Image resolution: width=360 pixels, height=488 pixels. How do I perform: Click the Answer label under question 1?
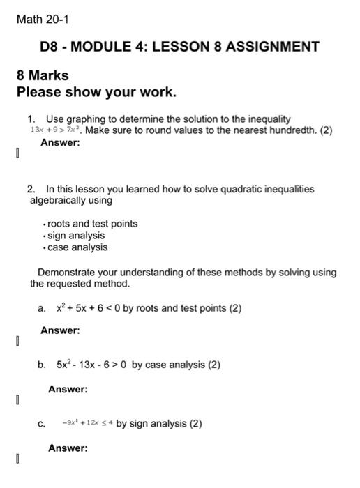60,142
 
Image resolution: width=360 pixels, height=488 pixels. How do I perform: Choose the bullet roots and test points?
92,224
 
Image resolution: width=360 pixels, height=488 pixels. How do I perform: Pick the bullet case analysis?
77,247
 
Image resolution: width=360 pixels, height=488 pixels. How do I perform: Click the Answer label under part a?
60,330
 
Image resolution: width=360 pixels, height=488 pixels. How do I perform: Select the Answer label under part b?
68,389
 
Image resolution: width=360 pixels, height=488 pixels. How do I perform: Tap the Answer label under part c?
68,448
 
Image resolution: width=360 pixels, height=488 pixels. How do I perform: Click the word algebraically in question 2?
60,201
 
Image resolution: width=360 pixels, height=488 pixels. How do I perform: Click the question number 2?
31,189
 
